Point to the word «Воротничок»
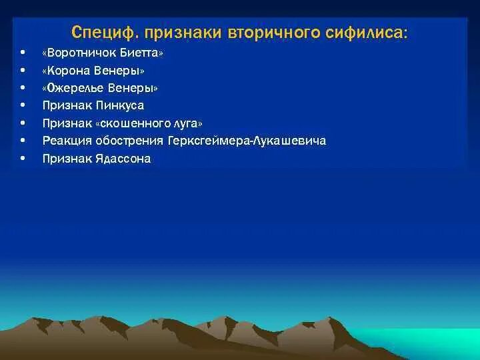(81, 53)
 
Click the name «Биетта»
(140, 53)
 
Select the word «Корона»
(68, 71)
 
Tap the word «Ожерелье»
(77, 88)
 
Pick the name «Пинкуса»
(119, 105)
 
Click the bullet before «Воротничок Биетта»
(23, 53)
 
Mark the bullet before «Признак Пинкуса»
(23, 105)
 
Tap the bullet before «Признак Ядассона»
(23, 159)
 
